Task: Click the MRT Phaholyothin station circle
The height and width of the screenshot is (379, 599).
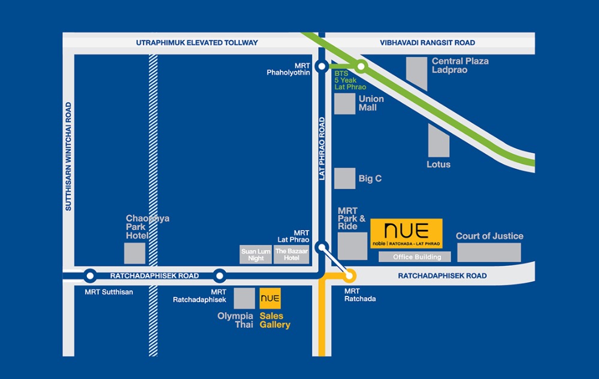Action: coord(322,67)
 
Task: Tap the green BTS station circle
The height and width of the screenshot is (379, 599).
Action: coord(361,67)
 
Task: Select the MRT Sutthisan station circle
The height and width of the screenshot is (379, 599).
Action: coord(90,276)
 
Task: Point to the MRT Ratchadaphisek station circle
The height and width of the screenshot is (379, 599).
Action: coord(220,276)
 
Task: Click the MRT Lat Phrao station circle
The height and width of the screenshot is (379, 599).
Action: coord(322,247)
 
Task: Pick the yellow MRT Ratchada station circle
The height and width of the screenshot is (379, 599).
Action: coord(349,276)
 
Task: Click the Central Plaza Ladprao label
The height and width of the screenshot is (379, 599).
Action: coord(460,65)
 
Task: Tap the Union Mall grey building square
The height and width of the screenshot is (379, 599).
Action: coord(344,104)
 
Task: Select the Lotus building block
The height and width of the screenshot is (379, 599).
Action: coord(438,141)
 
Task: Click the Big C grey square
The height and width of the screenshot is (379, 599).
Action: coord(344,178)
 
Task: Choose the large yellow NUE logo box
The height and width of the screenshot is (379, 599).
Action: coord(406,234)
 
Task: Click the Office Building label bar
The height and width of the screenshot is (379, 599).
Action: coord(415,257)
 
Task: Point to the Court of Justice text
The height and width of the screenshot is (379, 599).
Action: coord(489,236)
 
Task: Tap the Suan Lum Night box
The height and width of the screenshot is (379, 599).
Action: coord(256,254)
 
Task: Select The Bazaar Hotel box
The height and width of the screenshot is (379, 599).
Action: coord(292,254)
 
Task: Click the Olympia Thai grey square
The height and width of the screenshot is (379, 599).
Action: coord(244,298)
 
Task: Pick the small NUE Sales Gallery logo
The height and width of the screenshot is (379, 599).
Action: coord(270,298)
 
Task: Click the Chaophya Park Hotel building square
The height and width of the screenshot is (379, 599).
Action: coord(135,253)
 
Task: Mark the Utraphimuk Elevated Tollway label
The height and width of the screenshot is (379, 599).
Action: coord(197,43)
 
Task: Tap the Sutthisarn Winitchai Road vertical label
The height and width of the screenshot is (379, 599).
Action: coord(68,156)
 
